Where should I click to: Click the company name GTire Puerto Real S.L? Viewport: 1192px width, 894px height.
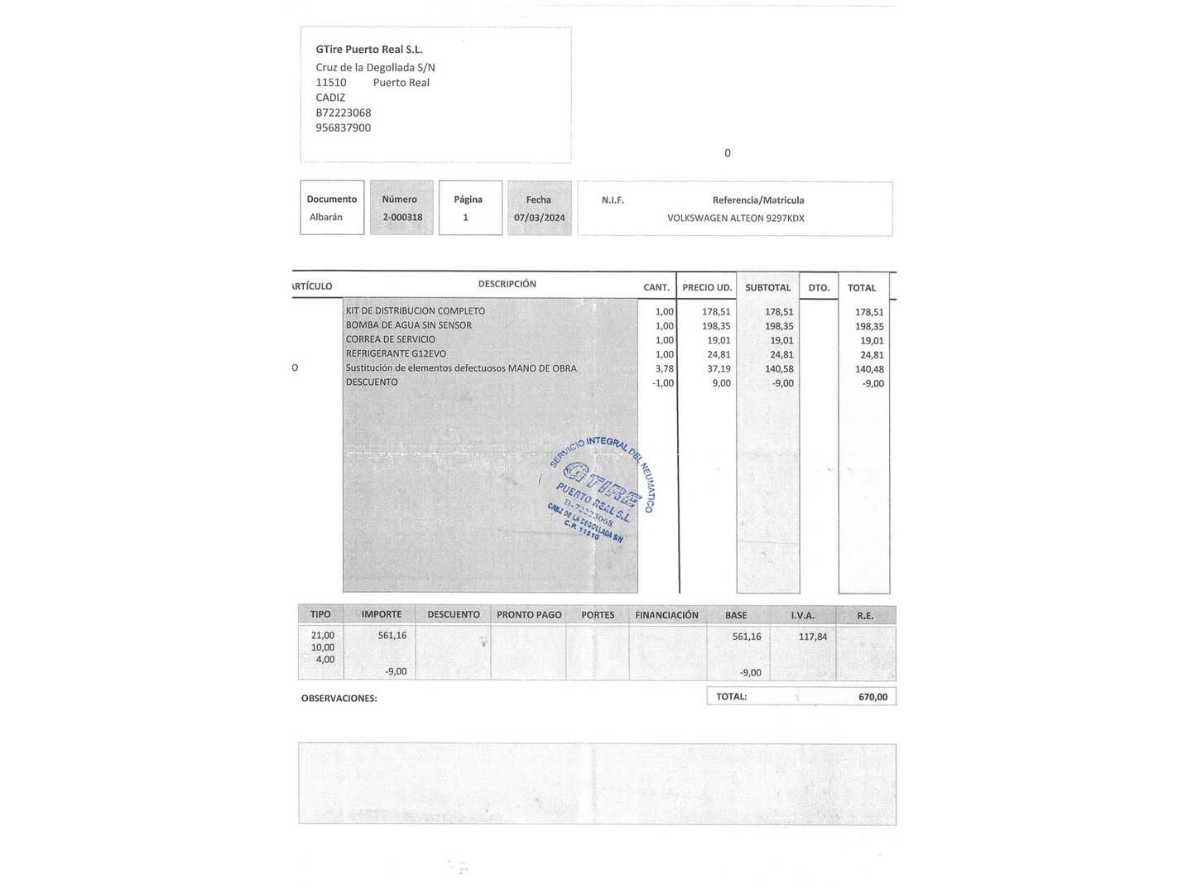[368, 50]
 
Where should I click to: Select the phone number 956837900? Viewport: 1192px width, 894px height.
[343, 127]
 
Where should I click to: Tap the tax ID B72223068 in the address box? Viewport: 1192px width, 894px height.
[343, 113]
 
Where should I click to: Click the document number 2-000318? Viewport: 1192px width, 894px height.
[402, 218]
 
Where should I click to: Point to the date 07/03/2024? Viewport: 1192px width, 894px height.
[539, 218]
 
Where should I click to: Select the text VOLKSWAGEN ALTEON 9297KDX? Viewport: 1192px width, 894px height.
[735, 219]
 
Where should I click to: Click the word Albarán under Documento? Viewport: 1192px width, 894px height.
[325, 218]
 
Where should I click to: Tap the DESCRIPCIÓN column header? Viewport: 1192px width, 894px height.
[507, 284]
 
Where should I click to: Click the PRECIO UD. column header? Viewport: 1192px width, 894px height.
[707, 288]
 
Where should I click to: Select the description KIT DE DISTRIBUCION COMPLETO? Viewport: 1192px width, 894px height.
[416, 311]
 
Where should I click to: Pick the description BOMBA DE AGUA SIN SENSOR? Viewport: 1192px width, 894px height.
[409, 325]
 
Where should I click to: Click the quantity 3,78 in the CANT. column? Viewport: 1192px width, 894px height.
[664, 368]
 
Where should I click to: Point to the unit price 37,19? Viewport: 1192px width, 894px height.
[719, 368]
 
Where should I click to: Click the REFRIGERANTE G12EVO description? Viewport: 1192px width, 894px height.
[396, 353]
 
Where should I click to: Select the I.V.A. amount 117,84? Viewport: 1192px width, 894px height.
[812, 637]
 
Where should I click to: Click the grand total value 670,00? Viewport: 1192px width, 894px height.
[872, 697]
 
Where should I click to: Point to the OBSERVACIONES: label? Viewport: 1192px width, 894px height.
[339, 699]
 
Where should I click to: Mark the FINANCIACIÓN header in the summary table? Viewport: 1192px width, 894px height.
[666, 615]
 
